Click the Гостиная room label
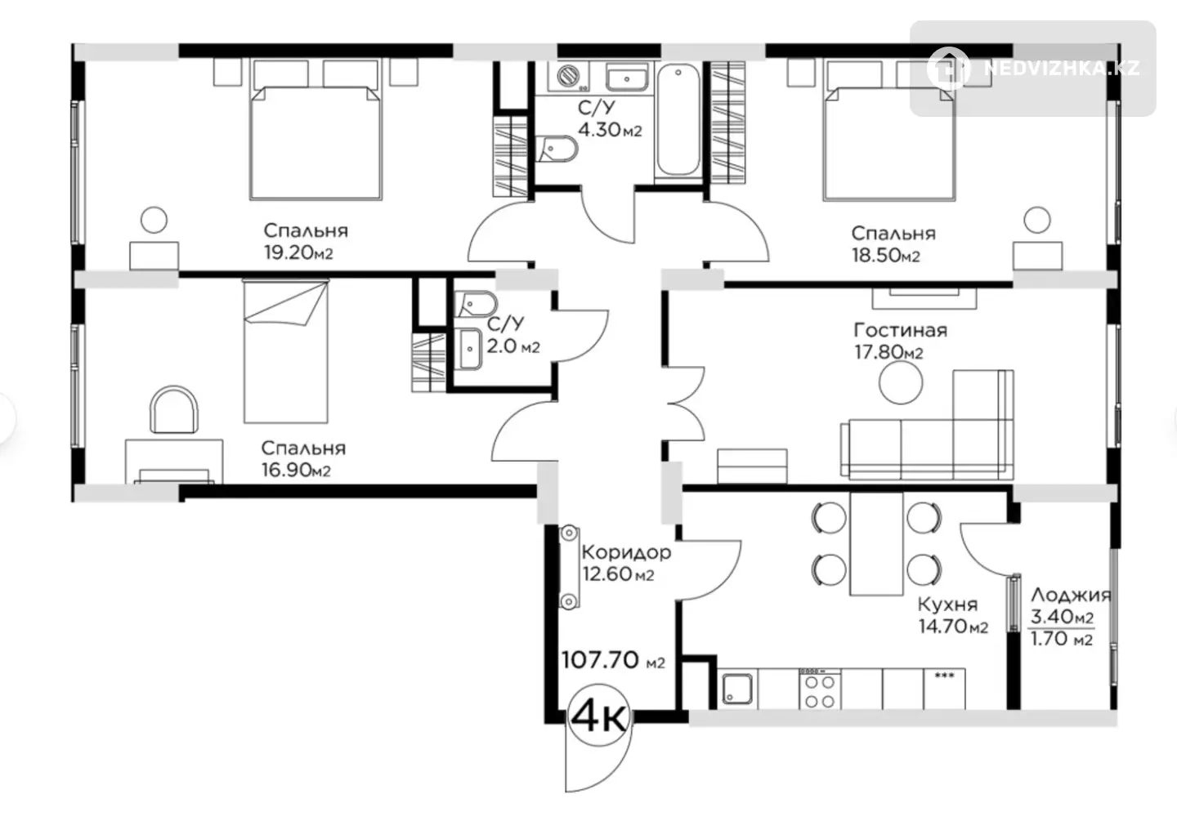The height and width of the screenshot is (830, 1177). (x=900, y=330)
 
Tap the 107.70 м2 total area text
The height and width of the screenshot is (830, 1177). (x=613, y=660)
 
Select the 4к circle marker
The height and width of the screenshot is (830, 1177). (x=600, y=716)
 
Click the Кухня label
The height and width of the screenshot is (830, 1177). (x=947, y=605)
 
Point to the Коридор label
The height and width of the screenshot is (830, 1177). (x=626, y=552)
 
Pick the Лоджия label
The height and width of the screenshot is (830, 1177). (x=1071, y=596)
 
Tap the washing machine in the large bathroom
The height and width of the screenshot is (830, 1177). (x=568, y=77)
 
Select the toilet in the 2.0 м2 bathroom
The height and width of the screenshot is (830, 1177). (x=476, y=304)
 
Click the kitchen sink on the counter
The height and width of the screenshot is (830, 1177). (x=737, y=689)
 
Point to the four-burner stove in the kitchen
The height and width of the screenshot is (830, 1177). (x=820, y=689)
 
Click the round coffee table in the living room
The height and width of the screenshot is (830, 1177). (x=901, y=382)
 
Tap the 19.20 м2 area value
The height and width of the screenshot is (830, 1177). (x=298, y=252)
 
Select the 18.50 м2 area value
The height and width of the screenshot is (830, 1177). (x=886, y=256)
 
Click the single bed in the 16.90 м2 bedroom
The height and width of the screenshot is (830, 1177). (x=286, y=351)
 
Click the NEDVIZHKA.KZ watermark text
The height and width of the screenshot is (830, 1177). (x=1062, y=69)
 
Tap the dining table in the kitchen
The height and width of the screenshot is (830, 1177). (x=876, y=544)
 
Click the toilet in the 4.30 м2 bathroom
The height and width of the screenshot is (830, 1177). (x=557, y=149)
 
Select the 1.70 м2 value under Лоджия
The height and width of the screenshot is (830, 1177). (x=1062, y=639)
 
